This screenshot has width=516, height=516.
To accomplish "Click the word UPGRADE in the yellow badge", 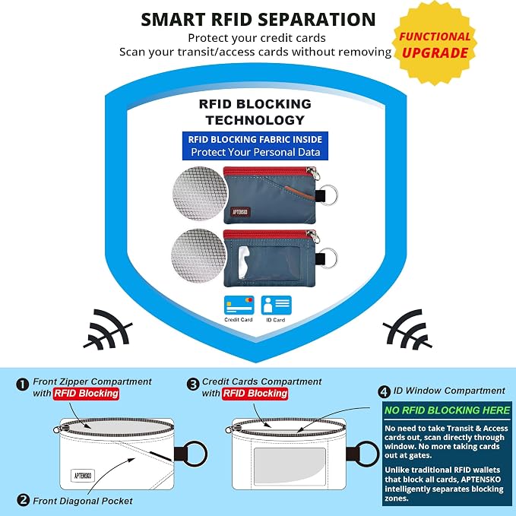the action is (x=435, y=52).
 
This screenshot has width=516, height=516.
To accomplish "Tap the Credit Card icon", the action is (x=239, y=305).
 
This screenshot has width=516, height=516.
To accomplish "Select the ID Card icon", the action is (x=276, y=305).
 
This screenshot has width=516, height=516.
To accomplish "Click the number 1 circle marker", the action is (x=23, y=385).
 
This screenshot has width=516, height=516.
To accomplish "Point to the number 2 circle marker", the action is (x=23, y=500).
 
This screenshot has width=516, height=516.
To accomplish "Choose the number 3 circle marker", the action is (x=193, y=384).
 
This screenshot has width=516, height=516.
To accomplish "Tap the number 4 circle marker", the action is (x=384, y=391).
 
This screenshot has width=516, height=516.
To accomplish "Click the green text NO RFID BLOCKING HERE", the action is (x=447, y=410).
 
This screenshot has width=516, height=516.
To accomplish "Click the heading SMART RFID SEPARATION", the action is (x=258, y=20).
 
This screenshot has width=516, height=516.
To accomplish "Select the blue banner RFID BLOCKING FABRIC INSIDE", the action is (x=255, y=146).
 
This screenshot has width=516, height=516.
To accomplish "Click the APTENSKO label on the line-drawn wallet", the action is (x=83, y=476).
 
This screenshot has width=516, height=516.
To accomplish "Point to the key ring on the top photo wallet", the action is (x=329, y=195).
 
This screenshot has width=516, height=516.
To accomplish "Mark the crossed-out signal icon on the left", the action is (x=108, y=330).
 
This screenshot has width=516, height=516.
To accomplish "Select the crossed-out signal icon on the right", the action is (x=407, y=329).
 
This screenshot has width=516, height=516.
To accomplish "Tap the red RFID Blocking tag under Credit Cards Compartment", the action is (x=255, y=394).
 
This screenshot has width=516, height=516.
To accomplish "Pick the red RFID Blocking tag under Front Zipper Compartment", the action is (x=86, y=394).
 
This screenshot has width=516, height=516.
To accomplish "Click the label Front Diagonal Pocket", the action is (x=83, y=501).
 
